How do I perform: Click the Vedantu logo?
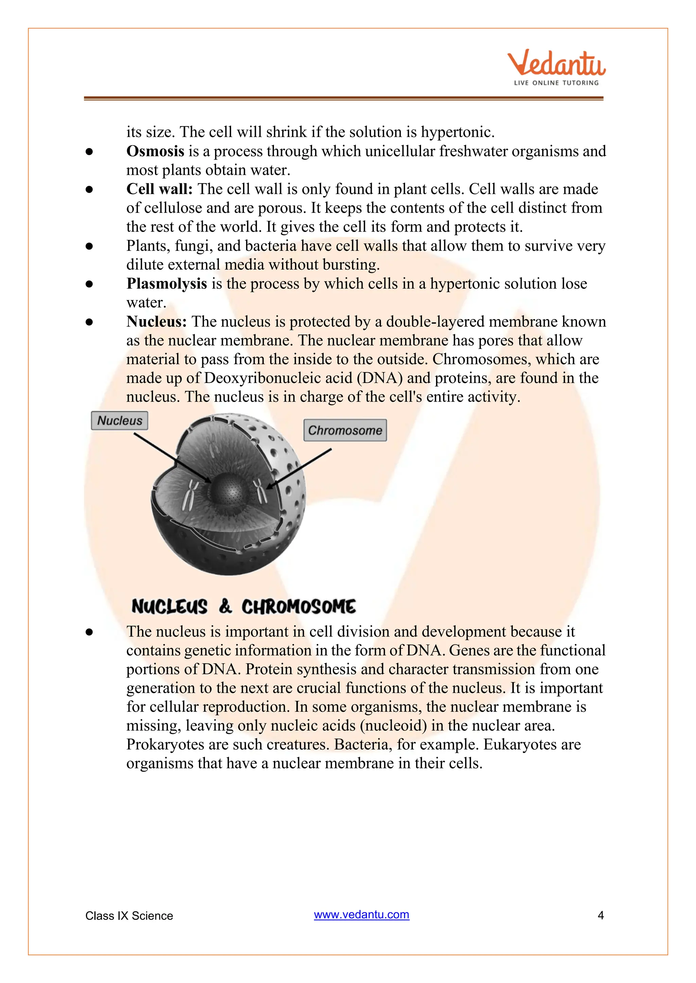pos(556,64)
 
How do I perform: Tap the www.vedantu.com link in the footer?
pos(361,914)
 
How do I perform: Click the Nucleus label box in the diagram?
pos(120,421)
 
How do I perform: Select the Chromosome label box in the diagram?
pos(345,430)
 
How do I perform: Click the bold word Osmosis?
pos(155,151)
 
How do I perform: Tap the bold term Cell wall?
pos(159,189)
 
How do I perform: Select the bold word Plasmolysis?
pos(167,283)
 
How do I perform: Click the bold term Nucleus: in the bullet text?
pos(156,321)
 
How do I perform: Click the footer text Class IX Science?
pos(129,916)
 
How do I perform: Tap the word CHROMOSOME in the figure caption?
pos(298,607)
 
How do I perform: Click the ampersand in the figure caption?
pos(225,606)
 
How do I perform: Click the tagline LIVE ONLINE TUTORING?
pos(556,82)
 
